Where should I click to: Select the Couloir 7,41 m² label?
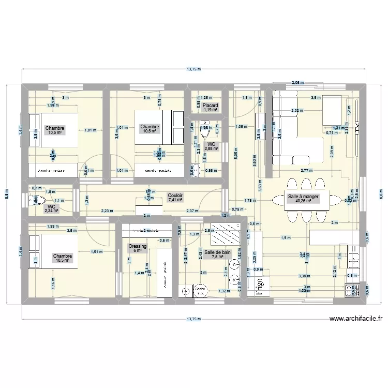[174, 197]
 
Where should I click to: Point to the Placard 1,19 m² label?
[210, 108]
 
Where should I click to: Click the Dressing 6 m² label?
[138, 249]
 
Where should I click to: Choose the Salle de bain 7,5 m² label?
[217, 255]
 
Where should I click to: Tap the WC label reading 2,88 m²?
[212, 146]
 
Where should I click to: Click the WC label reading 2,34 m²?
[51, 208]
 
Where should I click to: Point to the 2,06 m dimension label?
[297, 83]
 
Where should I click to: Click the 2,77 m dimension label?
[307, 170]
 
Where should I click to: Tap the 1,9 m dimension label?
[285, 237]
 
